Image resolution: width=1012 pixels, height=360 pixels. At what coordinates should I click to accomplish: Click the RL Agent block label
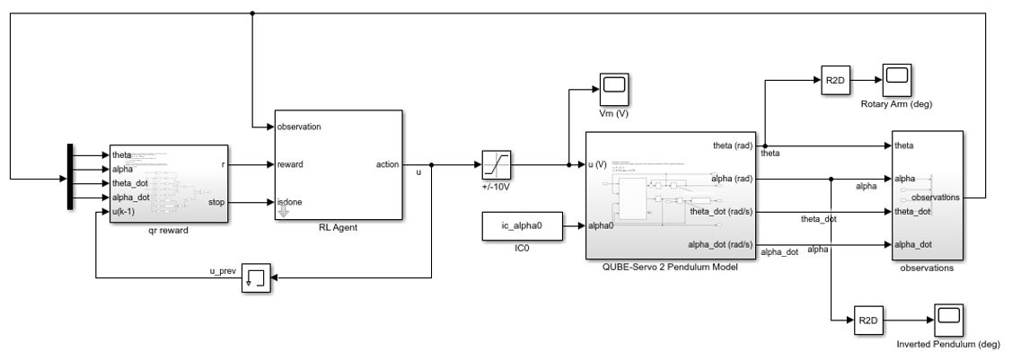pos(339,228)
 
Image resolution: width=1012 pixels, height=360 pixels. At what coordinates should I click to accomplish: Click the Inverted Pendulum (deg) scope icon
pos(950,319)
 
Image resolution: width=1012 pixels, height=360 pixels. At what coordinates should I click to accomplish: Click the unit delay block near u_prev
pos(255,280)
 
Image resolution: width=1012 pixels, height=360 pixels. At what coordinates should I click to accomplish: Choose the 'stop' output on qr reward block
pos(217,203)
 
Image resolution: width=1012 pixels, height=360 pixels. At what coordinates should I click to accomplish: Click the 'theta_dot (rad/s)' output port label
pos(723,212)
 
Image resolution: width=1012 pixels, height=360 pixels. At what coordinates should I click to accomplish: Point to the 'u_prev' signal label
pos(222,270)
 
